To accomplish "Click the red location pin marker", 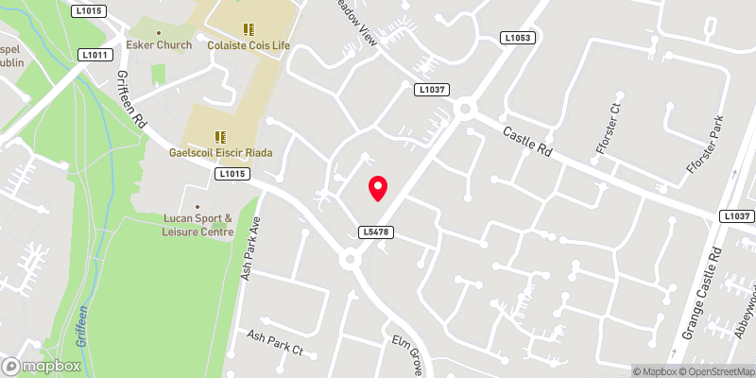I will point(378,188).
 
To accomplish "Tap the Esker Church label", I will point(161,44).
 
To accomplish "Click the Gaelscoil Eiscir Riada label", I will point(219,152).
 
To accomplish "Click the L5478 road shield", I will point(375,232).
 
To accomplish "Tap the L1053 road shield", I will point(517,38).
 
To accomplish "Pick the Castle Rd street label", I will point(526,142).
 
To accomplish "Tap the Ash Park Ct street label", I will point(274,342).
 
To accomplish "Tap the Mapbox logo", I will point(42,366).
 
